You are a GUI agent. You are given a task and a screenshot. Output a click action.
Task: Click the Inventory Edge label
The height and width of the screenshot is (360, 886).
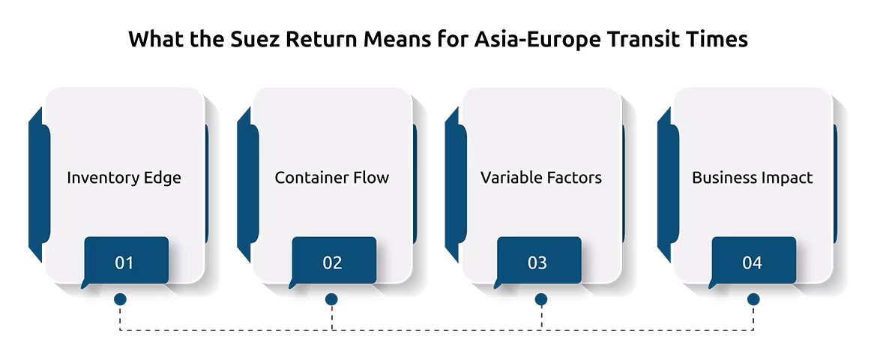click(x=124, y=178)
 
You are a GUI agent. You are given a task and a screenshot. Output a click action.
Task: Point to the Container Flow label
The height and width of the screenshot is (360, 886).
click(x=331, y=178)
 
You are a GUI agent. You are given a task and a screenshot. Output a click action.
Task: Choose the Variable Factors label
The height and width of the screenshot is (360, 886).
click(x=540, y=178)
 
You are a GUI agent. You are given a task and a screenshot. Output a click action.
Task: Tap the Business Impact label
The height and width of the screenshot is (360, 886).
click(x=752, y=178)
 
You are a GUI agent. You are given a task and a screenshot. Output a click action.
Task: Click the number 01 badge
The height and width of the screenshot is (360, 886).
click(x=125, y=261)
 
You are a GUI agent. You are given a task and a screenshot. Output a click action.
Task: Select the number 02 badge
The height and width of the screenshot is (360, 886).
click(x=334, y=261)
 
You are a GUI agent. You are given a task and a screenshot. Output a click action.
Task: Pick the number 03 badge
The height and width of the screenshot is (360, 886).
click(x=538, y=261)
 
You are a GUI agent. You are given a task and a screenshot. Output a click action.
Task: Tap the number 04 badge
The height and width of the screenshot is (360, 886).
click(x=753, y=261)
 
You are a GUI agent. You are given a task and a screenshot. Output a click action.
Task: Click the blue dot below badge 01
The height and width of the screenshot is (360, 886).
click(x=120, y=299)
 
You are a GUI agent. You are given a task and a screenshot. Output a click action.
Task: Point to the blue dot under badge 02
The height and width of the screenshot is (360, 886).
click(x=331, y=299)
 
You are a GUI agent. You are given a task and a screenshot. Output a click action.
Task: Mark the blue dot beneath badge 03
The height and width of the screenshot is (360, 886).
click(x=541, y=299)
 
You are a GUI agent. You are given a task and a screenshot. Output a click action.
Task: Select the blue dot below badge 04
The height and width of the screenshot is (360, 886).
click(x=753, y=299)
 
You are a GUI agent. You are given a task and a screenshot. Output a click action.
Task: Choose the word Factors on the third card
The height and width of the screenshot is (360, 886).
click(x=573, y=178)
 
